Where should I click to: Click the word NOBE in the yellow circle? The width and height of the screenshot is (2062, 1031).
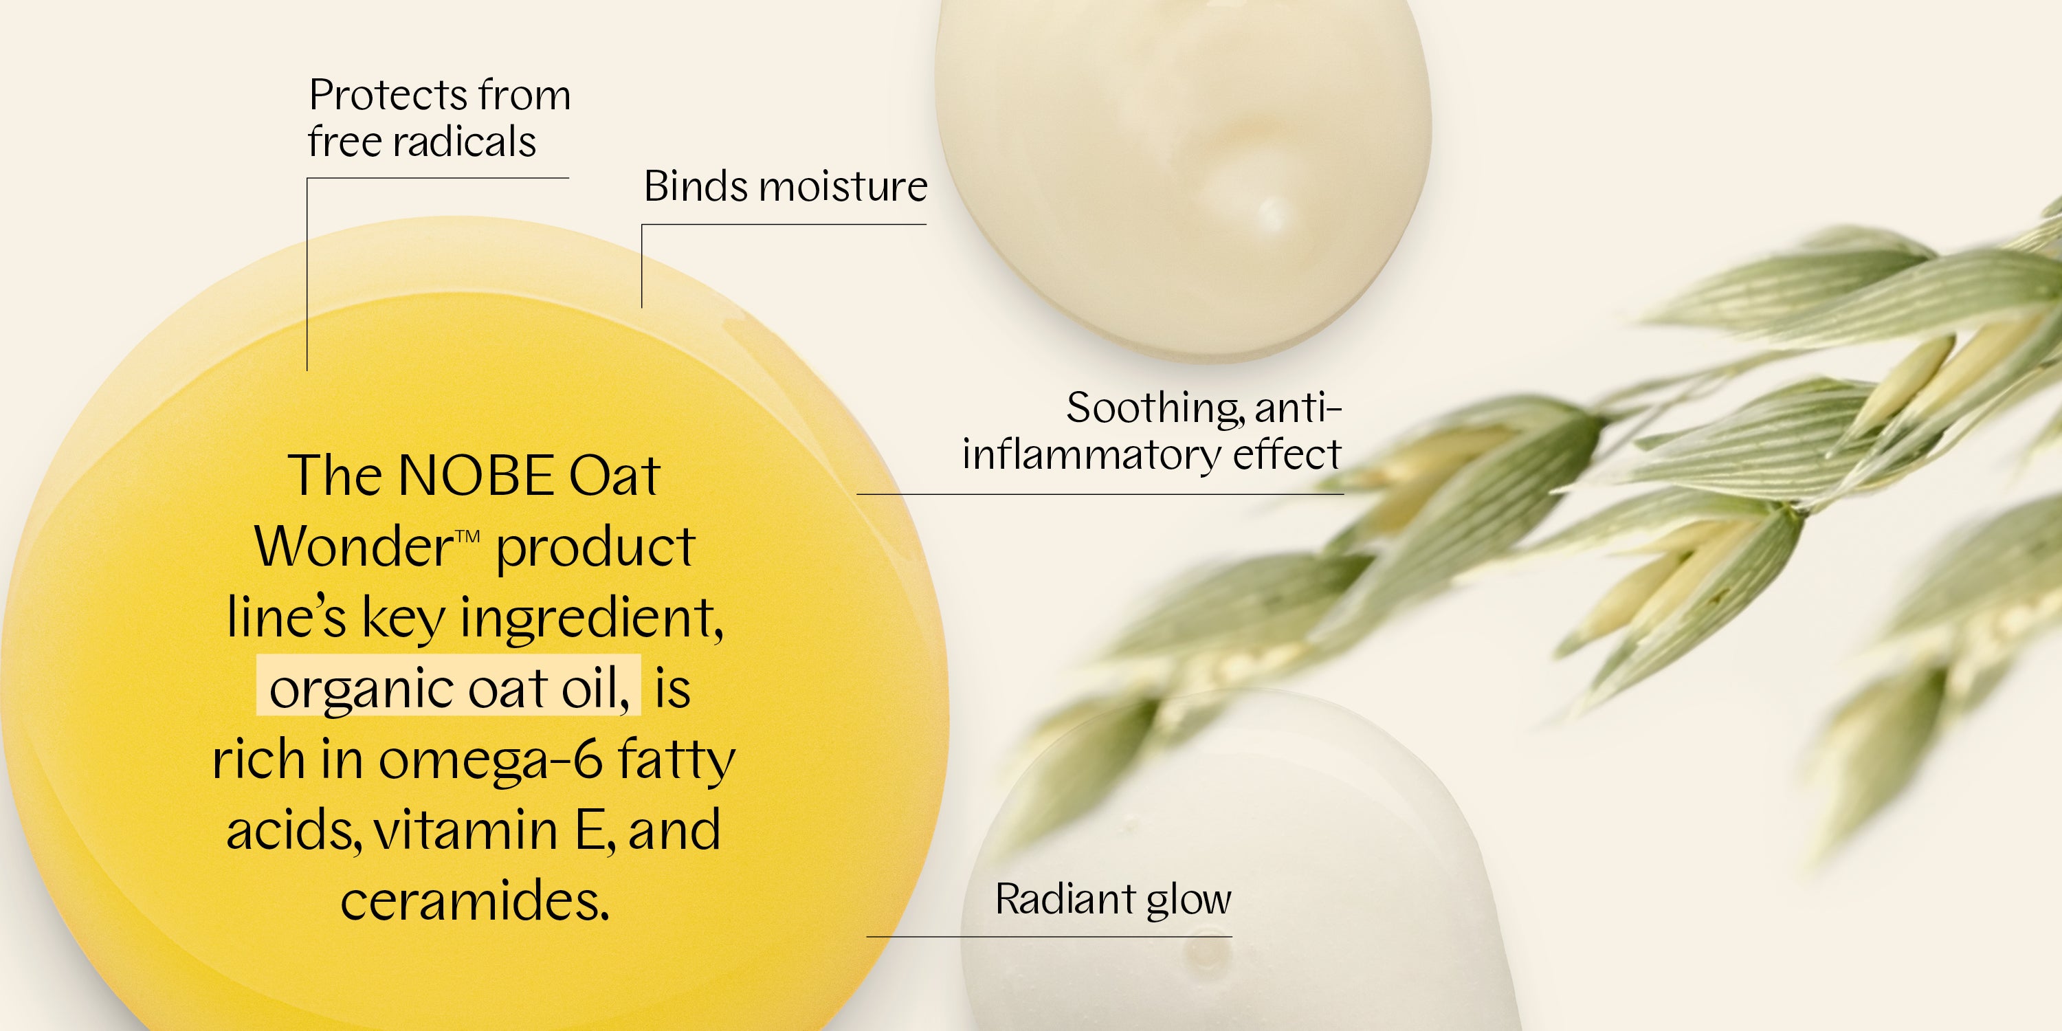point(476,476)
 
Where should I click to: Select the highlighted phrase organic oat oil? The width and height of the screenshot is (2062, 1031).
point(448,687)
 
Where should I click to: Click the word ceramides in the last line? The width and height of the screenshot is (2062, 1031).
point(475,900)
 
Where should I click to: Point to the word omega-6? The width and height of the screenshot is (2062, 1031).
point(489,760)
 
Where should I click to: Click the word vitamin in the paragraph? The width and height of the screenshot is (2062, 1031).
point(466,830)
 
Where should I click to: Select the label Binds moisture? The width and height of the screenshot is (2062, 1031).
point(785,186)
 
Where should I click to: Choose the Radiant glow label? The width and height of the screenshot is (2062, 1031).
point(1113,900)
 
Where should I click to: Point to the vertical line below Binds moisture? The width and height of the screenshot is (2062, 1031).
point(642,266)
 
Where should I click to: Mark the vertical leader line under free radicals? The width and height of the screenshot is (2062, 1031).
point(307,274)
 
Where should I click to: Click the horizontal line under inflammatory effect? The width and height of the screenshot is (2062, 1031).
point(1100,494)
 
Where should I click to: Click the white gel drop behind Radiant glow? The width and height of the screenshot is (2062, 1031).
point(1241,865)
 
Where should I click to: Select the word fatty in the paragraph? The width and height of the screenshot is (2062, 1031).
point(676,760)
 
